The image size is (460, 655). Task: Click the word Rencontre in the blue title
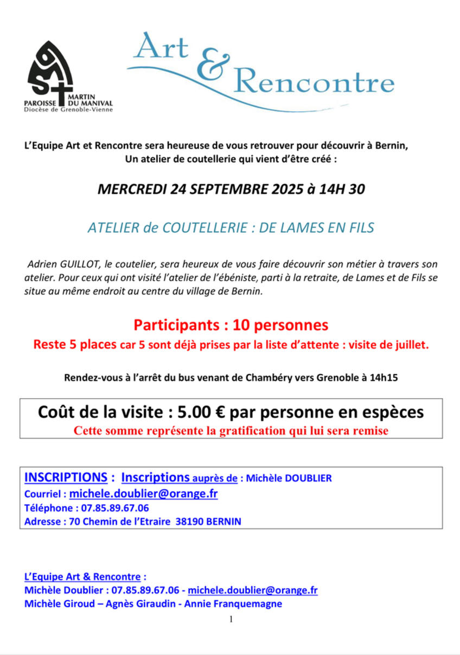pyautogui.click(x=313, y=82)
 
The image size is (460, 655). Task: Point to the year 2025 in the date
pyautogui.click(x=274, y=189)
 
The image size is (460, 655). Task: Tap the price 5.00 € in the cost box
pyautogui.click(x=200, y=412)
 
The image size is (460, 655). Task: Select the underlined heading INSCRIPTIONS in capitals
pyautogui.click(x=66, y=478)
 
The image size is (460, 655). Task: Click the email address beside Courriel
pyautogui.click(x=143, y=494)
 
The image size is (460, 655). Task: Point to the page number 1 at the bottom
pyautogui.click(x=231, y=619)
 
